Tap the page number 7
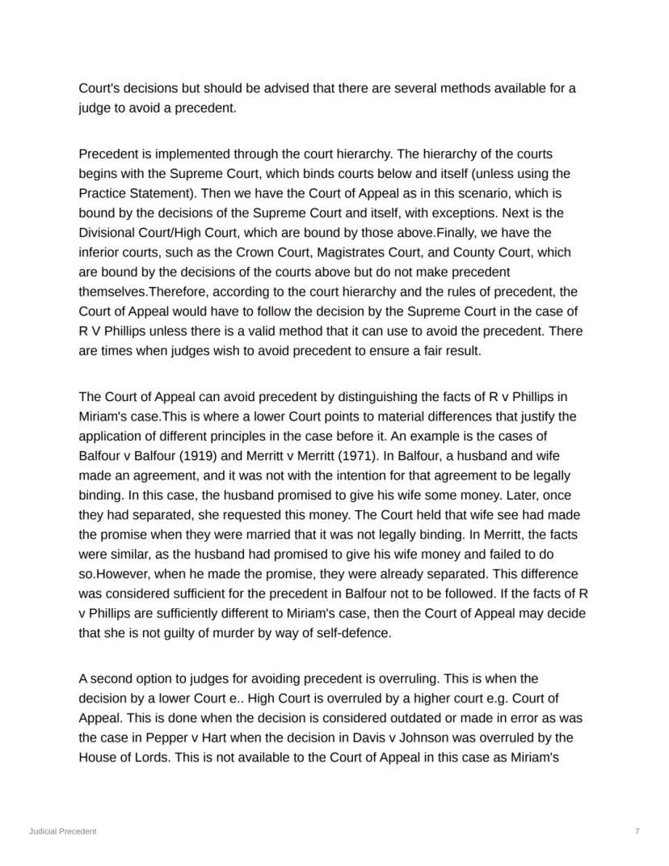pos(637,831)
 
